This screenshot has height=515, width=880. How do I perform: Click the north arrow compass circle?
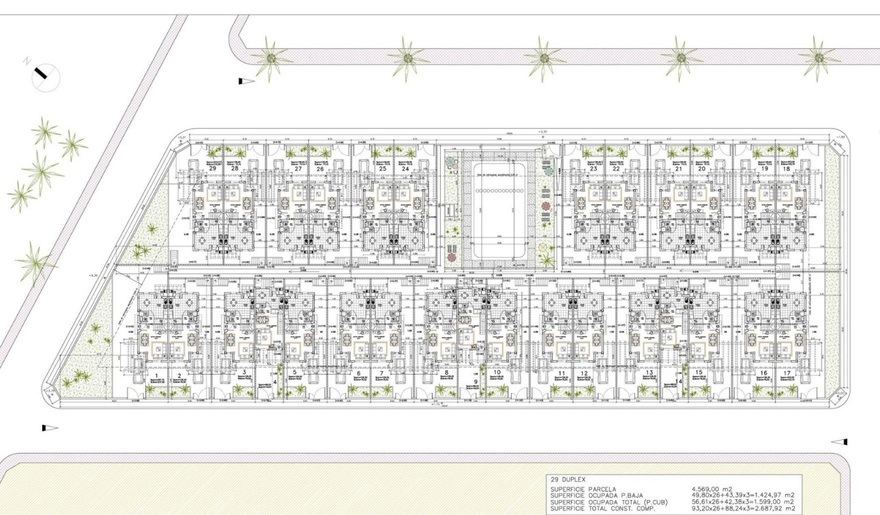[46, 76]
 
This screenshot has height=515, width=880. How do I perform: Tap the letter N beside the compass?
[27, 61]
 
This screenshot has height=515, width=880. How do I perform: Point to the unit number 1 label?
[157, 375]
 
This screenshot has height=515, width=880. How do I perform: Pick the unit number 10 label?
[497, 373]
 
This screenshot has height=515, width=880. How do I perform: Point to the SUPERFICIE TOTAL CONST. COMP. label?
[602, 508]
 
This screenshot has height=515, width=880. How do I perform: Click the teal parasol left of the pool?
[451, 163]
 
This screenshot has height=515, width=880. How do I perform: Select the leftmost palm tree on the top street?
[271, 59]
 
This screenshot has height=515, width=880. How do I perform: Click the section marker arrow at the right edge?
[840, 441]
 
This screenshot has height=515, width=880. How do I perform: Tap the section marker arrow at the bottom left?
[50, 428]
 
